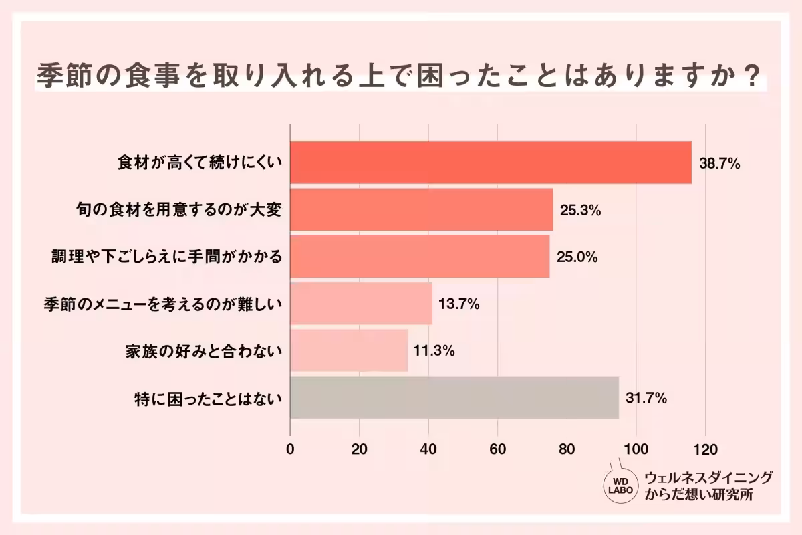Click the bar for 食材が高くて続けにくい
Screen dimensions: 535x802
pos(491,163)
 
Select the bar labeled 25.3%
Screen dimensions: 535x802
pos(421,209)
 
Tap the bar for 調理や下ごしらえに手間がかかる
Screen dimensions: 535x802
pos(420,256)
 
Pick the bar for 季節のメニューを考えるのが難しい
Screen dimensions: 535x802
pos(361,304)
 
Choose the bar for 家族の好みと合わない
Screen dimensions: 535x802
pos(349,350)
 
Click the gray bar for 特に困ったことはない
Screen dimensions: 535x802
pos(454,398)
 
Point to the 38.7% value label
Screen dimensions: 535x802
pos(719,163)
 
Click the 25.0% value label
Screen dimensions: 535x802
pos(577,257)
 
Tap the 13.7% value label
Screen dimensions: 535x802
pos(459,304)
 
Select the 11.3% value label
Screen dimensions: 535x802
pos(434,351)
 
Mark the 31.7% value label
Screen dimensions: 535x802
pos(646,399)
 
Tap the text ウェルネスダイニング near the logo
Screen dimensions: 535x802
pos(708,477)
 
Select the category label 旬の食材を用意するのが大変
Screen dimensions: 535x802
pos(178,210)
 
